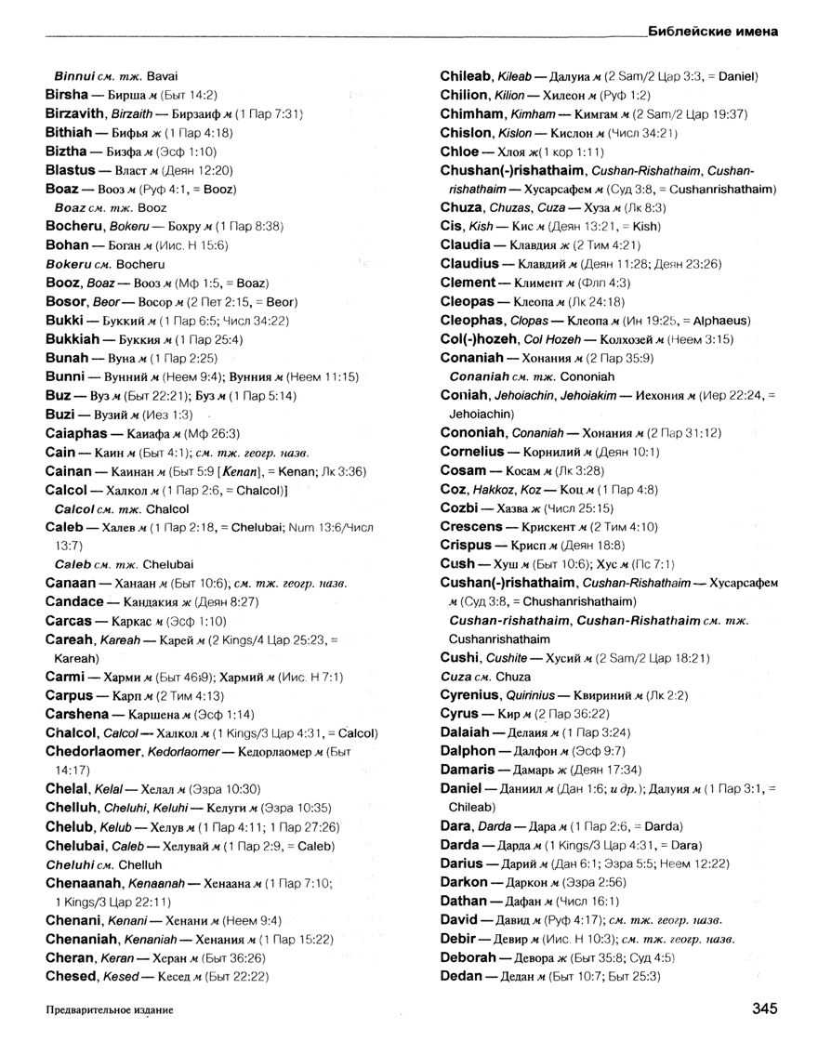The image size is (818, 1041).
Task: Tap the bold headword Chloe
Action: [x=459, y=151]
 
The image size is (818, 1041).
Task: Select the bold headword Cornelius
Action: [x=475, y=452]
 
